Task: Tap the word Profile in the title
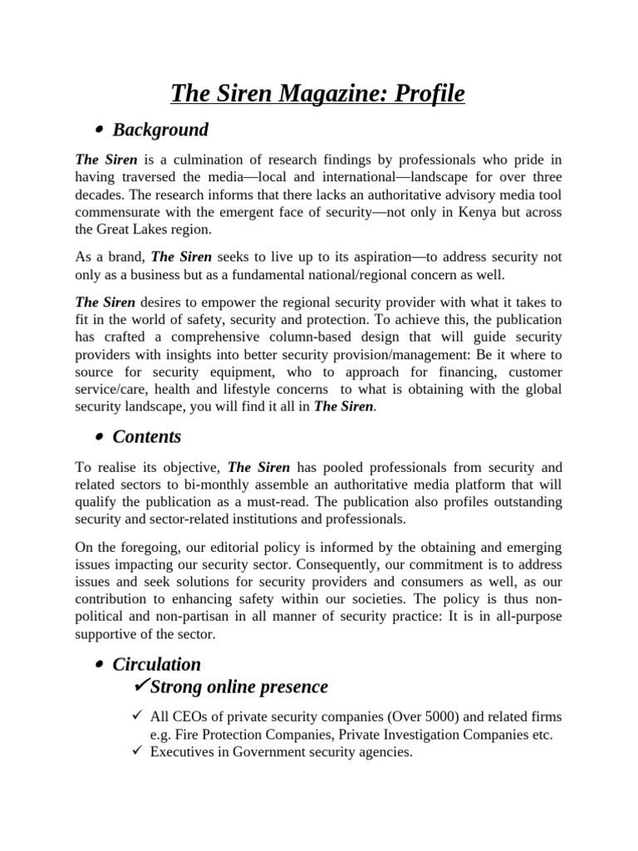(427, 94)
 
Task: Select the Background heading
(160, 130)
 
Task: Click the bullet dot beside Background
(99, 130)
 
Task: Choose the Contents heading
(147, 435)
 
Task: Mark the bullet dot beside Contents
(99, 437)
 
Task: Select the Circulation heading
(157, 664)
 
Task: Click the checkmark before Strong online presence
(140, 686)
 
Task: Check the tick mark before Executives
(137, 752)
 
